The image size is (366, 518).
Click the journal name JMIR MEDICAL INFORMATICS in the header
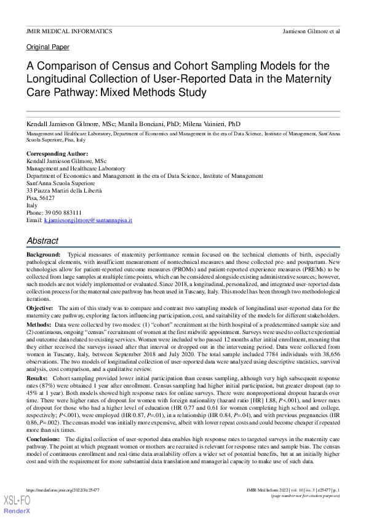tap(69, 30)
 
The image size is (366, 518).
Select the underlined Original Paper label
tap(48, 47)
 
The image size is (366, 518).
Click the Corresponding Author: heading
tap(57, 153)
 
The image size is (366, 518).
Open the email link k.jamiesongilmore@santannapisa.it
tap(88, 220)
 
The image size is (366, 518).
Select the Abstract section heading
tap(42, 241)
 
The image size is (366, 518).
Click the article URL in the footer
tap(63, 490)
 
